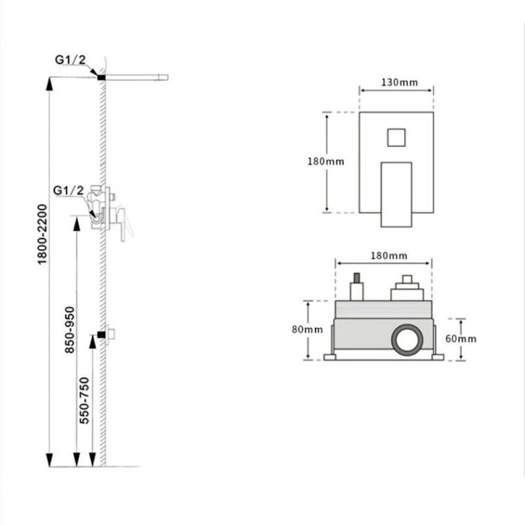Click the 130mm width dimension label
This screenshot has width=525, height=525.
point(400,83)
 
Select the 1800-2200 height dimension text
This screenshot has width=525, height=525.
point(43,234)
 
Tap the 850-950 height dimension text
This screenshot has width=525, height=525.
point(70,330)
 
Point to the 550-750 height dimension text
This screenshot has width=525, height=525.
point(85,400)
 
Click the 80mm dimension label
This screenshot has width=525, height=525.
point(307,330)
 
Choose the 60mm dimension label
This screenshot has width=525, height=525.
point(461,339)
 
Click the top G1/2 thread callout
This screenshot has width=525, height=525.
point(70,60)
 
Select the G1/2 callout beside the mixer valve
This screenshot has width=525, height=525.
point(68,190)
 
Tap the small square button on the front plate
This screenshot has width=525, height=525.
point(396,138)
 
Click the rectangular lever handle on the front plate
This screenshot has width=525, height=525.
point(396,194)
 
